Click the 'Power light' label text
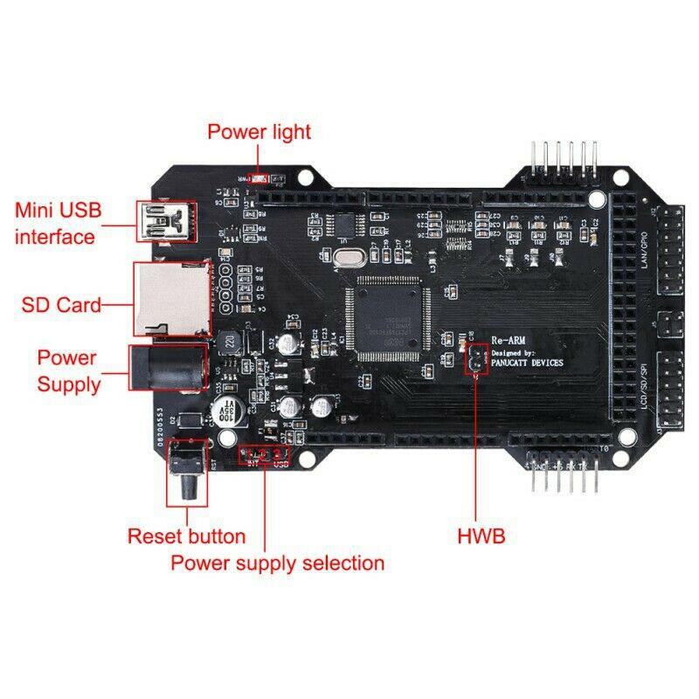point(259,132)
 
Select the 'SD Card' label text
point(61,305)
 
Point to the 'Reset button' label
point(186,536)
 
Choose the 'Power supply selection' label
point(277,563)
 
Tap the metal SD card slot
point(171,299)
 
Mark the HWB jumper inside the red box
point(475,359)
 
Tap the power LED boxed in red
point(259,175)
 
